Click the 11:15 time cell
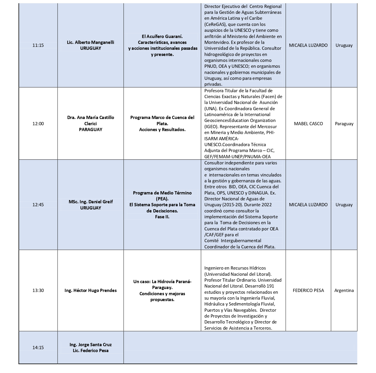38,45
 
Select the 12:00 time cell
38,124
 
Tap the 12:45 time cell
38,205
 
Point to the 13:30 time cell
38,291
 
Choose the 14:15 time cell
38,348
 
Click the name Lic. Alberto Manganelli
91,42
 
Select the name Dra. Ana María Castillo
91,118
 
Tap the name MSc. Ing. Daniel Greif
91,202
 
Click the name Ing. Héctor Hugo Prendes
91,291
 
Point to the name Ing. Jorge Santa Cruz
91,345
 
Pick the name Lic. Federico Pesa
91,351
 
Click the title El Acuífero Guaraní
162,37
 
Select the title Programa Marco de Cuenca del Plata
162,121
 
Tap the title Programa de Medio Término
162,196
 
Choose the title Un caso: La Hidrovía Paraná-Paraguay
162,285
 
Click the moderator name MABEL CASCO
308,124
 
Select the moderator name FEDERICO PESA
308,291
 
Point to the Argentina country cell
344,291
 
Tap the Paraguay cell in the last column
344,124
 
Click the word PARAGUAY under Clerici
91,130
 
